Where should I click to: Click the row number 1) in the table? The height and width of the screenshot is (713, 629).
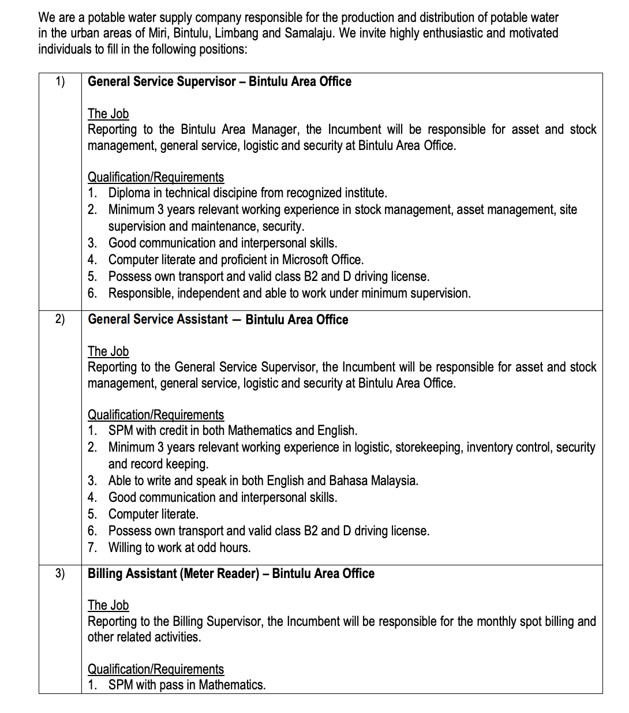point(60,81)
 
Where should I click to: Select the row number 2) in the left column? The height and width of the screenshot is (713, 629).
point(60,319)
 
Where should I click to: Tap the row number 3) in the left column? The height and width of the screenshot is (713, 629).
point(60,573)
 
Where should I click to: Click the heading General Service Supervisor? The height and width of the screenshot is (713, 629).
point(162,81)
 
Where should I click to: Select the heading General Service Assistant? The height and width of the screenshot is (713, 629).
point(158,319)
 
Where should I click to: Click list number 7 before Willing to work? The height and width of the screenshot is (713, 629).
point(92,547)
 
